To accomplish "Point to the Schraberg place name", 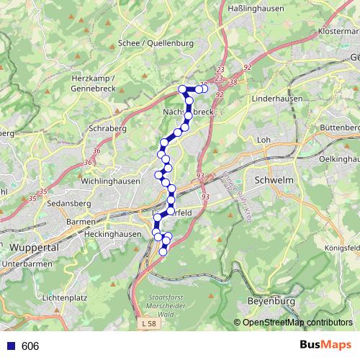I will click(x=108, y=128).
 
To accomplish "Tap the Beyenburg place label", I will click(x=271, y=300).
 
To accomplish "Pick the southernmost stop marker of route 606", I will click(x=163, y=251).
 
